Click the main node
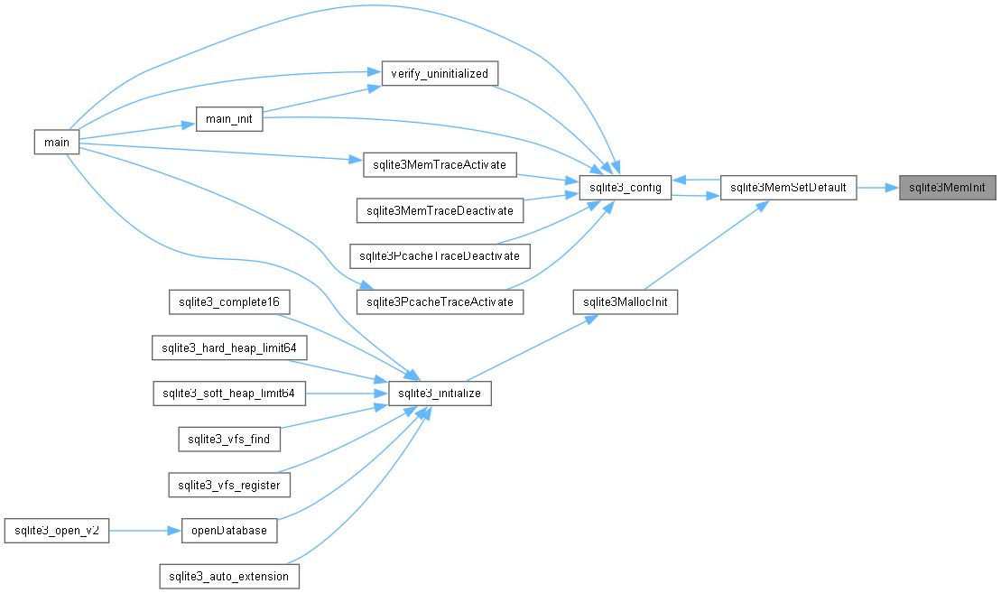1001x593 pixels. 56,142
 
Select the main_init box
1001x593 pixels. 229,119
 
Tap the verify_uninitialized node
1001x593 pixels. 440,73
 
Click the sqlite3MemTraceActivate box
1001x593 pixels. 440,164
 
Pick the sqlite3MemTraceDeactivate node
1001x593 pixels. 440,210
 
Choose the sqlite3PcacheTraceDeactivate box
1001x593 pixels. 440,256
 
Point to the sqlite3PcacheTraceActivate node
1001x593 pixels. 440,302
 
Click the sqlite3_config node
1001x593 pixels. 625,188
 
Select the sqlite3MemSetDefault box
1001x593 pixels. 788,188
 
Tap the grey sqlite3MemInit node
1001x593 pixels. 948,188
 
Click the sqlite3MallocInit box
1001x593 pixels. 625,302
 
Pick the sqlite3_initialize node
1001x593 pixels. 440,394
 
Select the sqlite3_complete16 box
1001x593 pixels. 229,302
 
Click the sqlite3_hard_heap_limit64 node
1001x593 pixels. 229,347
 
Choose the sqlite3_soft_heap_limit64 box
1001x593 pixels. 229,394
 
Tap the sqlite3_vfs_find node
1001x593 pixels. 229,440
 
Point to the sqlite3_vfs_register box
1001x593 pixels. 229,485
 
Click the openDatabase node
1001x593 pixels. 229,531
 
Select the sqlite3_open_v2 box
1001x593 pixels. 57,531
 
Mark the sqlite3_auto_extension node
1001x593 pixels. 229,577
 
